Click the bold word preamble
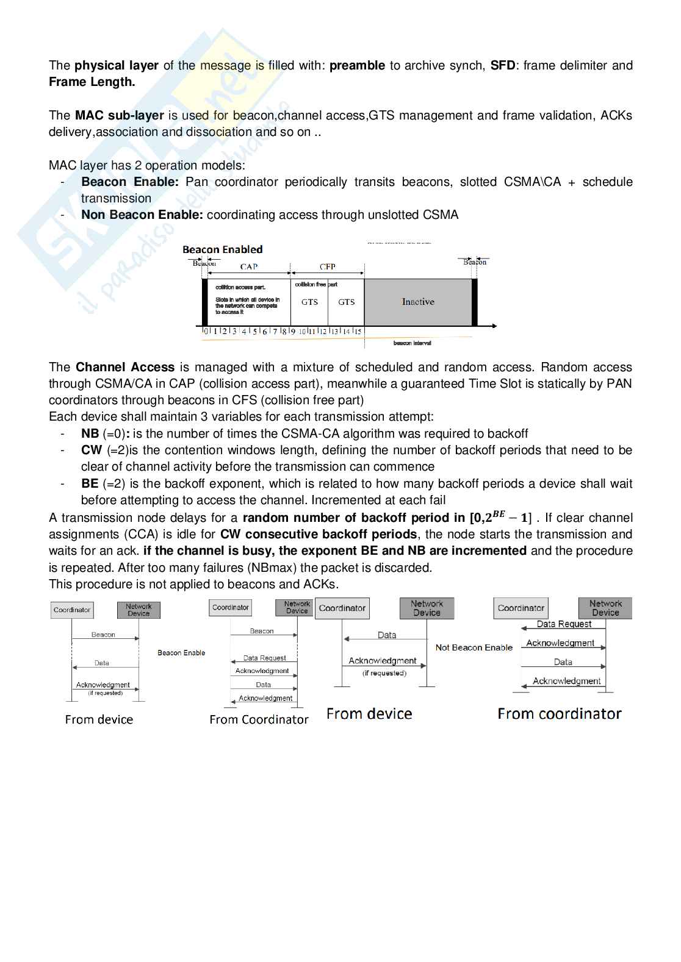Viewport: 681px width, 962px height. (357, 66)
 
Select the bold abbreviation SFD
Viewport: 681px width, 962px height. (503, 66)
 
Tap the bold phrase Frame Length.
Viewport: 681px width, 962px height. (92, 82)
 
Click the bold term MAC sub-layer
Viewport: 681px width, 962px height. (120, 116)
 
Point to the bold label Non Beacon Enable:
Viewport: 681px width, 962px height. (142, 215)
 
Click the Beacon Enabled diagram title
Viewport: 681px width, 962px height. (223, 249)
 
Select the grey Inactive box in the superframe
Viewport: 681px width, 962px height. (418, 302)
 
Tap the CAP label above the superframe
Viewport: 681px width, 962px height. (249, 266)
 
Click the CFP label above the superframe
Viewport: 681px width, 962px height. (328, 266)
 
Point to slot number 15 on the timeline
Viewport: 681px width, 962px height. (358, 332)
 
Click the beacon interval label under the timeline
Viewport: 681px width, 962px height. (412, 343)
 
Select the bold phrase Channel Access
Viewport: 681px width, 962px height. (125, 368)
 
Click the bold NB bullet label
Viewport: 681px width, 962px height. (90, 434)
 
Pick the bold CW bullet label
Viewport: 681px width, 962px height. (92, 451)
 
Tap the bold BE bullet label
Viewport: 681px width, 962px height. (90, 484)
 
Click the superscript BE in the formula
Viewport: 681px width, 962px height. (499, 514)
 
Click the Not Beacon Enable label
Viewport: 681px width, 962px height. (474, 647)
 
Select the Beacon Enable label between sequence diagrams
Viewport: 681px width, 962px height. (181, 653)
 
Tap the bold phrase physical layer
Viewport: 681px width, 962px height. (117, 66)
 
